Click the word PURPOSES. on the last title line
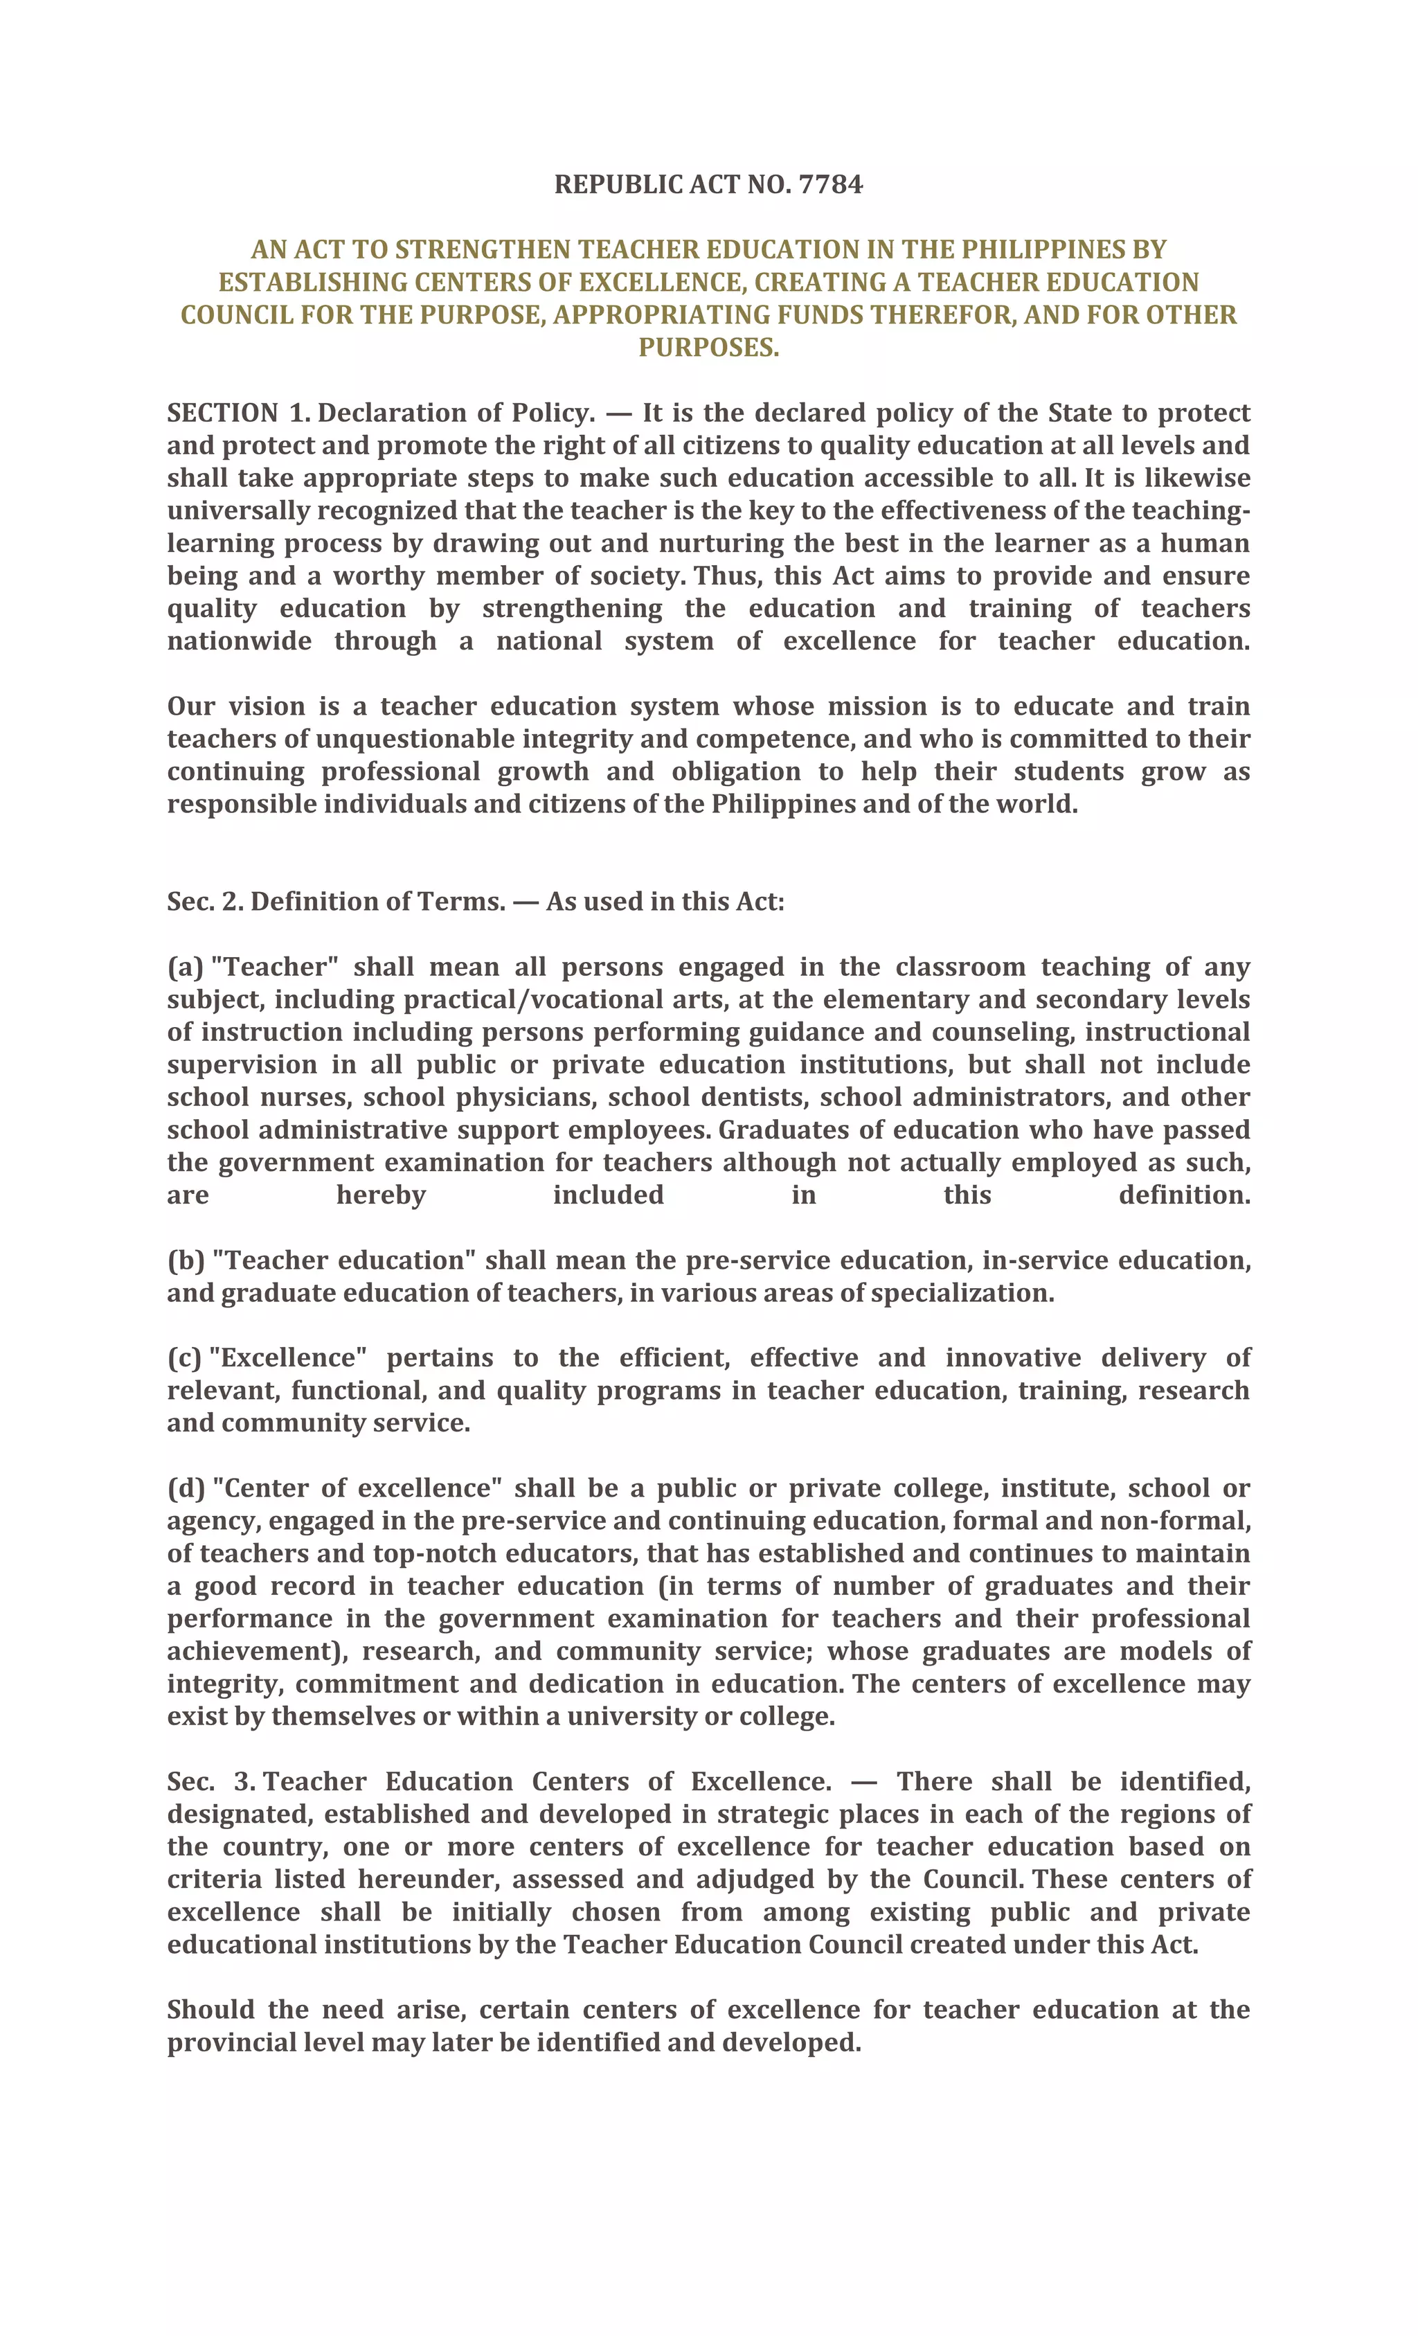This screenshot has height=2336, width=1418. click(708, 348)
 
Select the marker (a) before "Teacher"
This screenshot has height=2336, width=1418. click(185, 967)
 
